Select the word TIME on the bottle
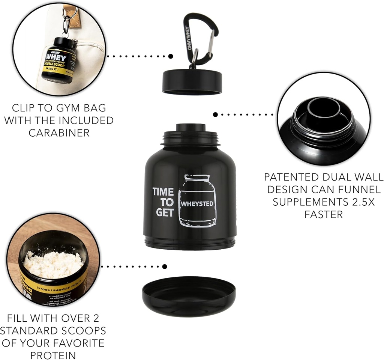pos(163,192)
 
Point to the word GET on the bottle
pos(165,213)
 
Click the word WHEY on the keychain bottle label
pos(56,58)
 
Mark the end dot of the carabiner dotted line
pos(171,56)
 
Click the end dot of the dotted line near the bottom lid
pos(164,267)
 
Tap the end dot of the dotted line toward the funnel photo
pos(215,114)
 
